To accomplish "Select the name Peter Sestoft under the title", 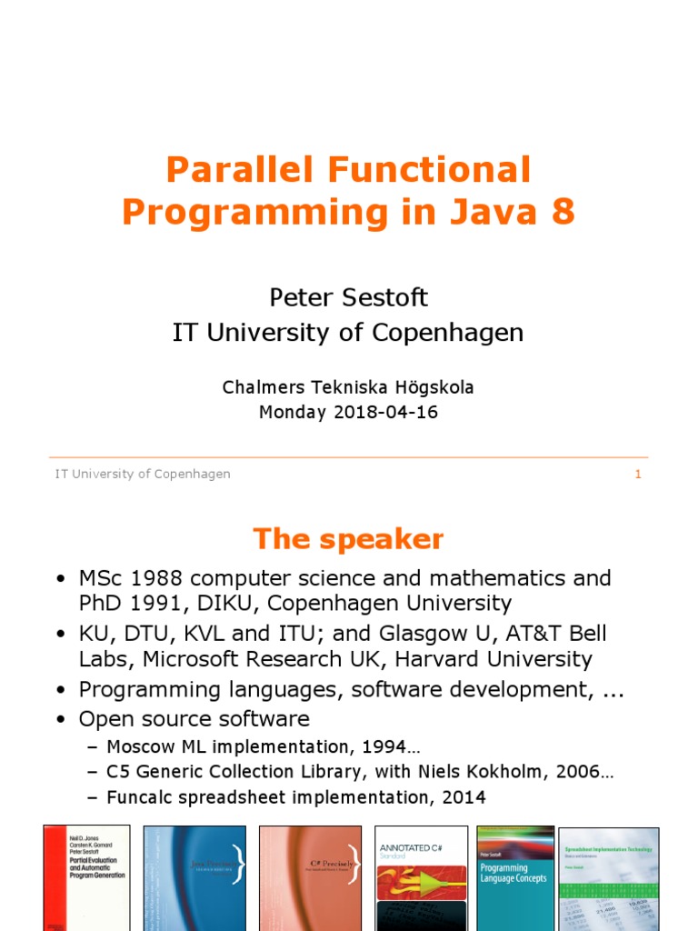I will (x=348, y=297).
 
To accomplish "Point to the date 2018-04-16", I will (x=384, y=412).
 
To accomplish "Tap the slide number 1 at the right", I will (x=638, y=474).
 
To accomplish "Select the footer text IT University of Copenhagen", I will (x=143, y=474).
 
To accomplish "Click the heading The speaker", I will (x=348, y=539).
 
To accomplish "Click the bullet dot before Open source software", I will (x=60, y=719).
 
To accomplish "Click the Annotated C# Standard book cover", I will (x=421, y=877).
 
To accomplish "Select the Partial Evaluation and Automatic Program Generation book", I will (x=87, y=877).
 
